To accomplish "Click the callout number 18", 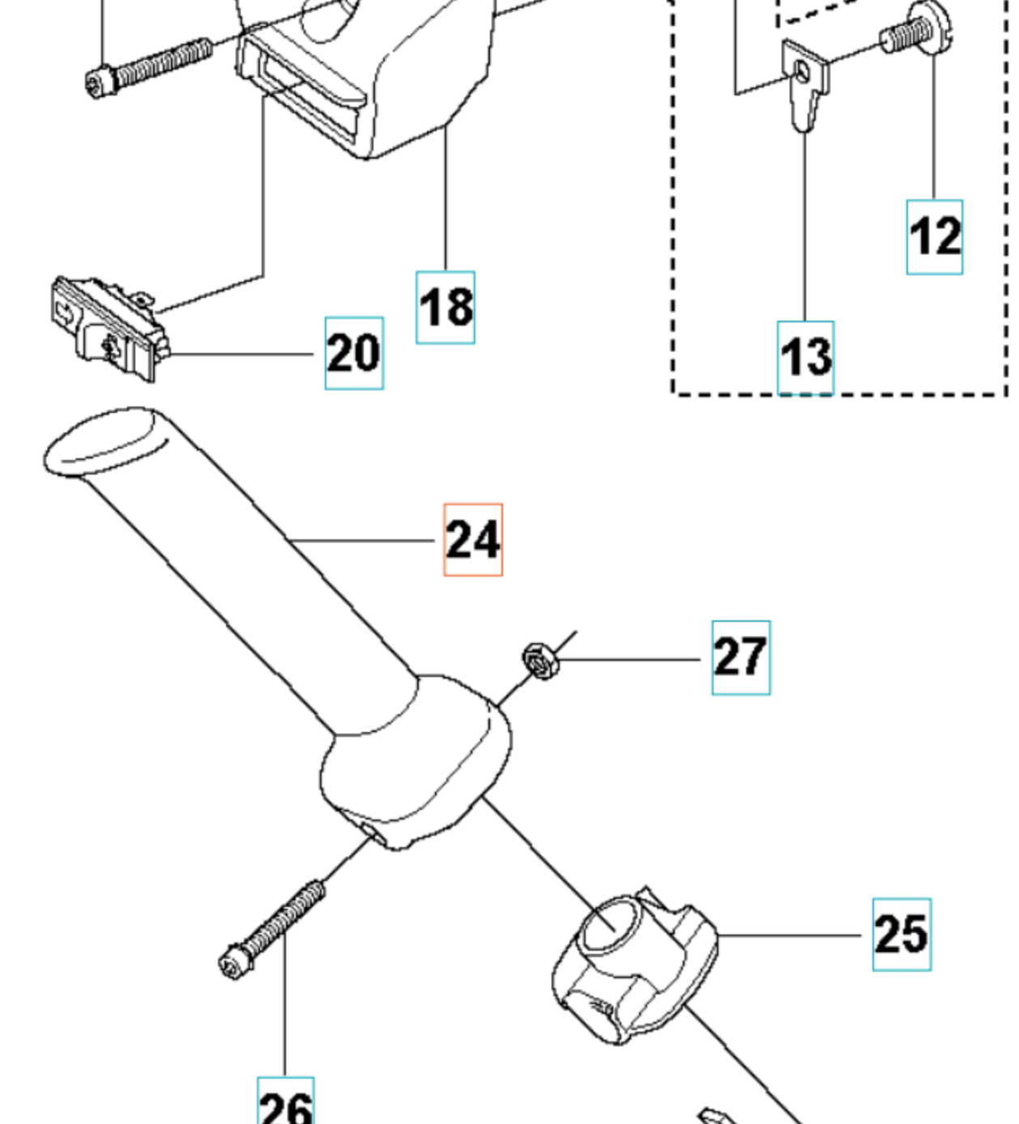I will pyautogui.click(x=446, y=308).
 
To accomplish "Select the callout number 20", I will pyautogui.click(x=354, y=353).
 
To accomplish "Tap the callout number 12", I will pyautogui.click(x=935, y=236).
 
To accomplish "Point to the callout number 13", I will pyautogui.click(x=806, y=357).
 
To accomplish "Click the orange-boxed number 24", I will pyautogui.click(x=473, y=539).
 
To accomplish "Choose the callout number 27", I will pyautogui.click(x=741, y=658).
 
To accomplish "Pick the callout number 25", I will pyautogui.click(x=902, y=935).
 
